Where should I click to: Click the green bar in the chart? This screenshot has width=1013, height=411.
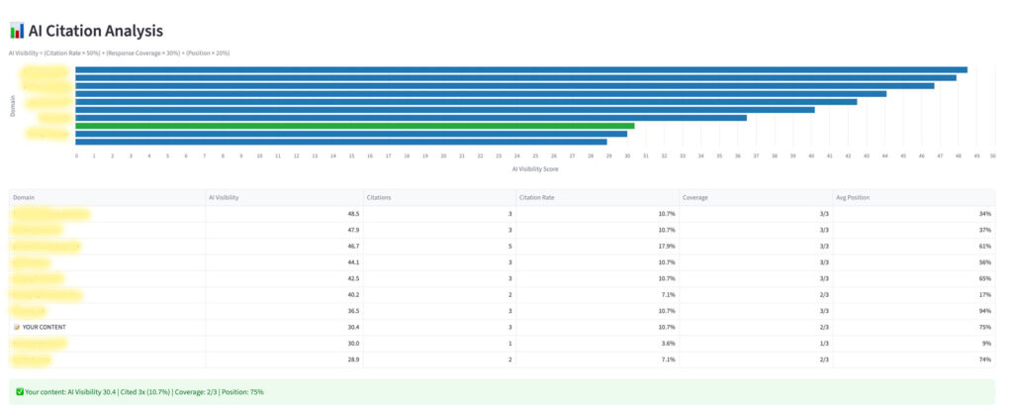355,126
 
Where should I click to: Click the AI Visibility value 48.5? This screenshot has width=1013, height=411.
352,213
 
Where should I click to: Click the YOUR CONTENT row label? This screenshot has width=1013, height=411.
44,327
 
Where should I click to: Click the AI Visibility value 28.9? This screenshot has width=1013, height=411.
352,359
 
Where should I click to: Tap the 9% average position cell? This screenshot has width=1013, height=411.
988,343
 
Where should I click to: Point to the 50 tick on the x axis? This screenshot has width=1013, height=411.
992,155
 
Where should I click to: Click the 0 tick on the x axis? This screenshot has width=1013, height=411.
76,155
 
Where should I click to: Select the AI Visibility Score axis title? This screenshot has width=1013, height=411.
534,169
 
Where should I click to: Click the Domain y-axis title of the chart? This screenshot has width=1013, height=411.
13,106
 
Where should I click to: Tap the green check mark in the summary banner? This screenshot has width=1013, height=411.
20,391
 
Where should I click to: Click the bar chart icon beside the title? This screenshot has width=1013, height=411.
16,31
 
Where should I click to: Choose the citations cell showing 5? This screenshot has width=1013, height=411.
516,246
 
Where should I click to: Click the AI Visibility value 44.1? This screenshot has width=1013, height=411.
352,261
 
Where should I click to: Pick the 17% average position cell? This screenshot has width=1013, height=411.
986,294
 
